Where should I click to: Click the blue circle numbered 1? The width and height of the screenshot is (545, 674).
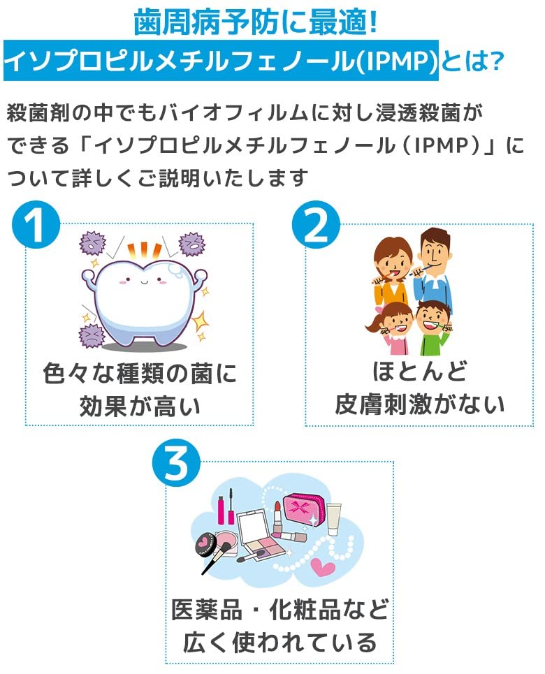36,225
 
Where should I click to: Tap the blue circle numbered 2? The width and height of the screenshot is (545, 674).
316,225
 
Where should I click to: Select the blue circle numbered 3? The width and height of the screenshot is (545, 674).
176,463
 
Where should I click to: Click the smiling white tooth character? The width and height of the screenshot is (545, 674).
144,301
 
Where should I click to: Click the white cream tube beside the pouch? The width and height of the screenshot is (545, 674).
333,520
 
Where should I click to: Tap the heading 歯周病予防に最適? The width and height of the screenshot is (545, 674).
256,22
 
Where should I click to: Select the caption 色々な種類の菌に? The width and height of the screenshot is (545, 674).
140,373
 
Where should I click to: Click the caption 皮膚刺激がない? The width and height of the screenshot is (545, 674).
420,404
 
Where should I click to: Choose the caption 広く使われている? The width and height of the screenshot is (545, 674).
279,642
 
